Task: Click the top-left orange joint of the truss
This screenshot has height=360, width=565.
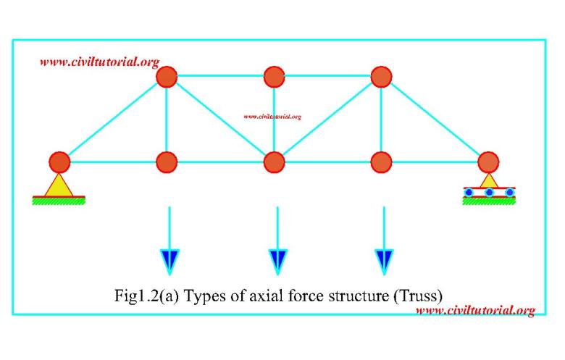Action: [x=167, y=77]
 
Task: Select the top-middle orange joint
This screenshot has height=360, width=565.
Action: [x=275, y=77]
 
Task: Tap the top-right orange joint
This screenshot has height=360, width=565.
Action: [x=381, y=77]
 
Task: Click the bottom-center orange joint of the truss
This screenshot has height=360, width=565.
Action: [x=275, y=162]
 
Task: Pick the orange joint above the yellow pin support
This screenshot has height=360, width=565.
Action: [x=59, y=162]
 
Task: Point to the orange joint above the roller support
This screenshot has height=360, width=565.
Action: [x=488, y=162]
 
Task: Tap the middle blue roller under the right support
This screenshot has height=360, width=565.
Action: [x=489, y=193]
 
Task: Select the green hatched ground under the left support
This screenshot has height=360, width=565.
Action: [x=59, y=201]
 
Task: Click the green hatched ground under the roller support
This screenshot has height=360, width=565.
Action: [x=489, y=201]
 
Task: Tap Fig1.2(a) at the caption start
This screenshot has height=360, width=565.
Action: [x=146, y=296]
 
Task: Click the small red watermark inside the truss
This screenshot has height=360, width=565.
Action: [x=272, y=117]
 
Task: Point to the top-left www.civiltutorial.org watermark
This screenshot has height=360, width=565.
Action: [x=100, y=62]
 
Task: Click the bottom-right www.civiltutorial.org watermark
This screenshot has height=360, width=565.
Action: [x=476, y=310]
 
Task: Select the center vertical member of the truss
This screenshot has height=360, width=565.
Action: [x=275, y=120]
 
